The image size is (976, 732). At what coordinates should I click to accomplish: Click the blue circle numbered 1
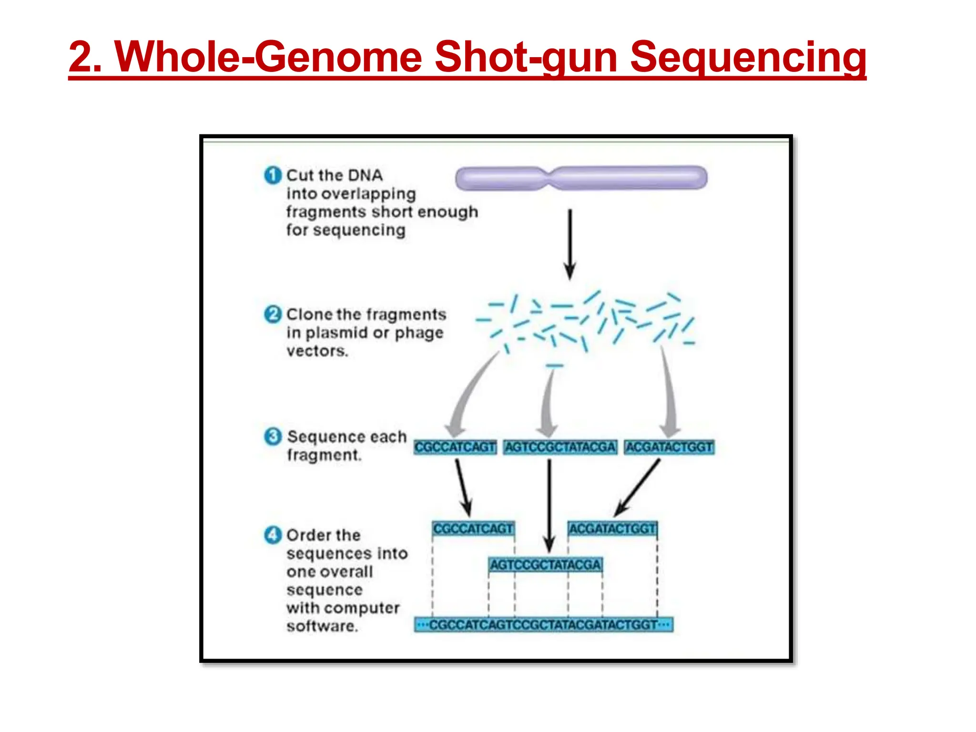coord(273,175)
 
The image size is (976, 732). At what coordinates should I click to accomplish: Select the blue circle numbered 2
coord(273,314)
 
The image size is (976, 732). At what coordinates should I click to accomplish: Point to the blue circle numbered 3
coord(273,436)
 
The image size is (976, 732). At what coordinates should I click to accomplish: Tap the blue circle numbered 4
coord(273,535)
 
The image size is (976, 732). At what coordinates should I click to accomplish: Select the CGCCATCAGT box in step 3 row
coord(455,447)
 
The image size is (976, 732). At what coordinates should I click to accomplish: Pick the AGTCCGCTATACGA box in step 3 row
coord(560,447)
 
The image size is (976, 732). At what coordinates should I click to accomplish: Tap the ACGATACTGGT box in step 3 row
coord(669,447)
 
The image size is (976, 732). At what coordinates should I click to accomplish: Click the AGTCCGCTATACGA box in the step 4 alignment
coord(545,565)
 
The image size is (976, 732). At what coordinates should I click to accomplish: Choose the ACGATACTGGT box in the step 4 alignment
coord(612,529)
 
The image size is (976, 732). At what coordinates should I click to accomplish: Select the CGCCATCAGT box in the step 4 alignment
coord(473,529)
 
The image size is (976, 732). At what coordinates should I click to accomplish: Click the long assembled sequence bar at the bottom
coord(543,624)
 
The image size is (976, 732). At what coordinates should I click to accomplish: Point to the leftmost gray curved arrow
coord(469,396)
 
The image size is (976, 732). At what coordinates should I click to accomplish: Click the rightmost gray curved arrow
coord(668,396)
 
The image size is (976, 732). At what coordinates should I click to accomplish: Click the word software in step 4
coord(322,626)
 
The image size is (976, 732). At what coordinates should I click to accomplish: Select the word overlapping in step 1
coord(368,194)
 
